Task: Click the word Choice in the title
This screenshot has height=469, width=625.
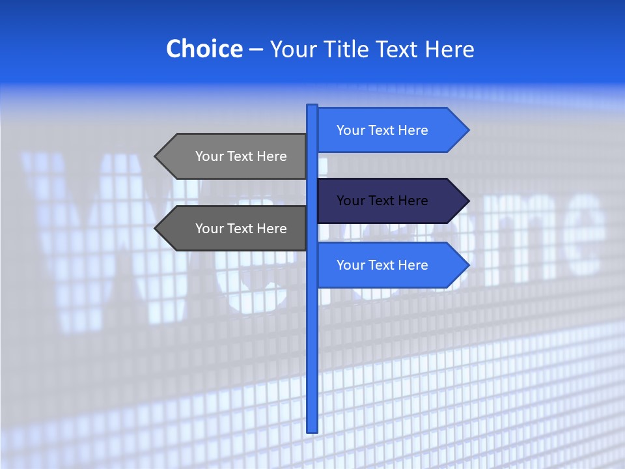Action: (204, 49)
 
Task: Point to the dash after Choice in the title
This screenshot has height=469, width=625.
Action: (256, 50)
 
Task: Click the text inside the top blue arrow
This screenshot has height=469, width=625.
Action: (382, 130)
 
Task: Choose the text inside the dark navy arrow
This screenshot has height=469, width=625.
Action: (382, 201)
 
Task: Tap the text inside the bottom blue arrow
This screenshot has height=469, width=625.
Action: (382, 265)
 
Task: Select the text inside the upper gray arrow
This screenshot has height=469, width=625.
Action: (241, 156)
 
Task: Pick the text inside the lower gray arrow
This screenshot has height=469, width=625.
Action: (241, 229)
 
